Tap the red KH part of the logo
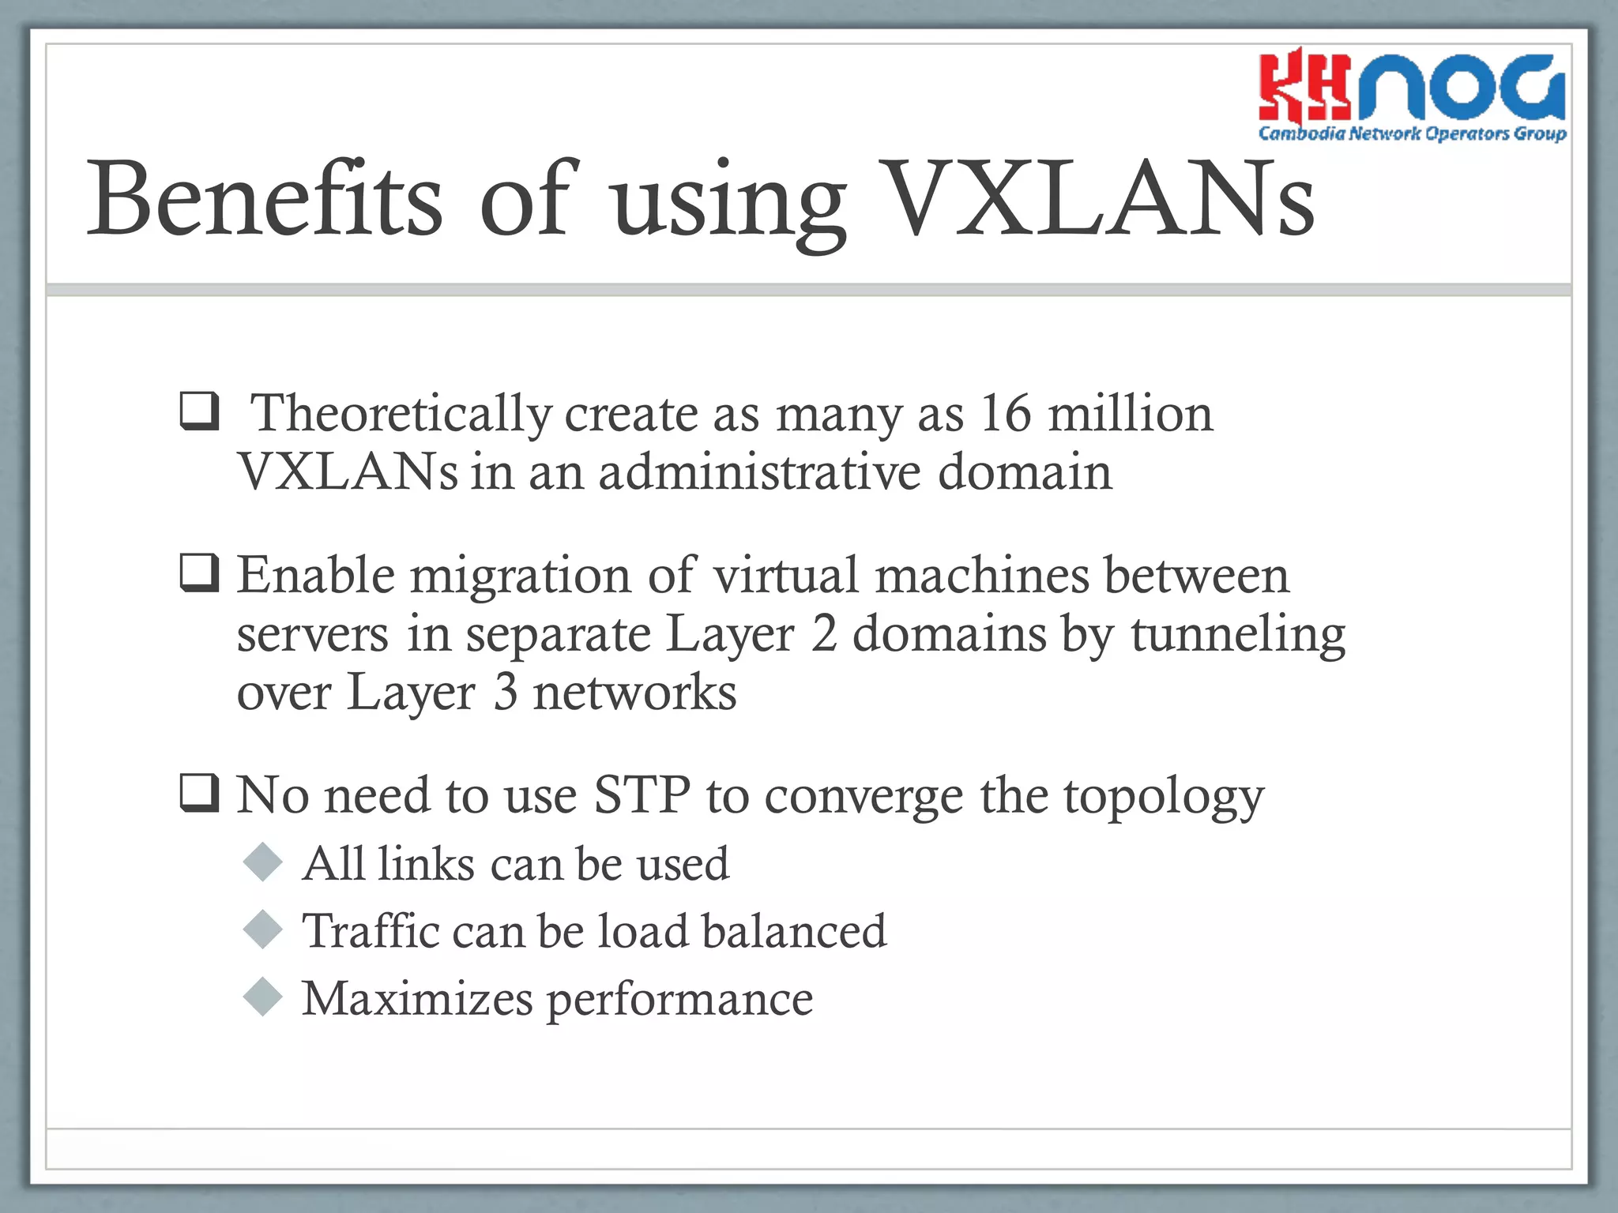[1304, 87]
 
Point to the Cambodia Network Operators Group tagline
[1412, 133]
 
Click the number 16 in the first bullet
[1005, 414]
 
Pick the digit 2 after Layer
[823, 634]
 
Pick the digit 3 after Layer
[506, 693]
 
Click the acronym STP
[642, 795]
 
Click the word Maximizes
[417, 998]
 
